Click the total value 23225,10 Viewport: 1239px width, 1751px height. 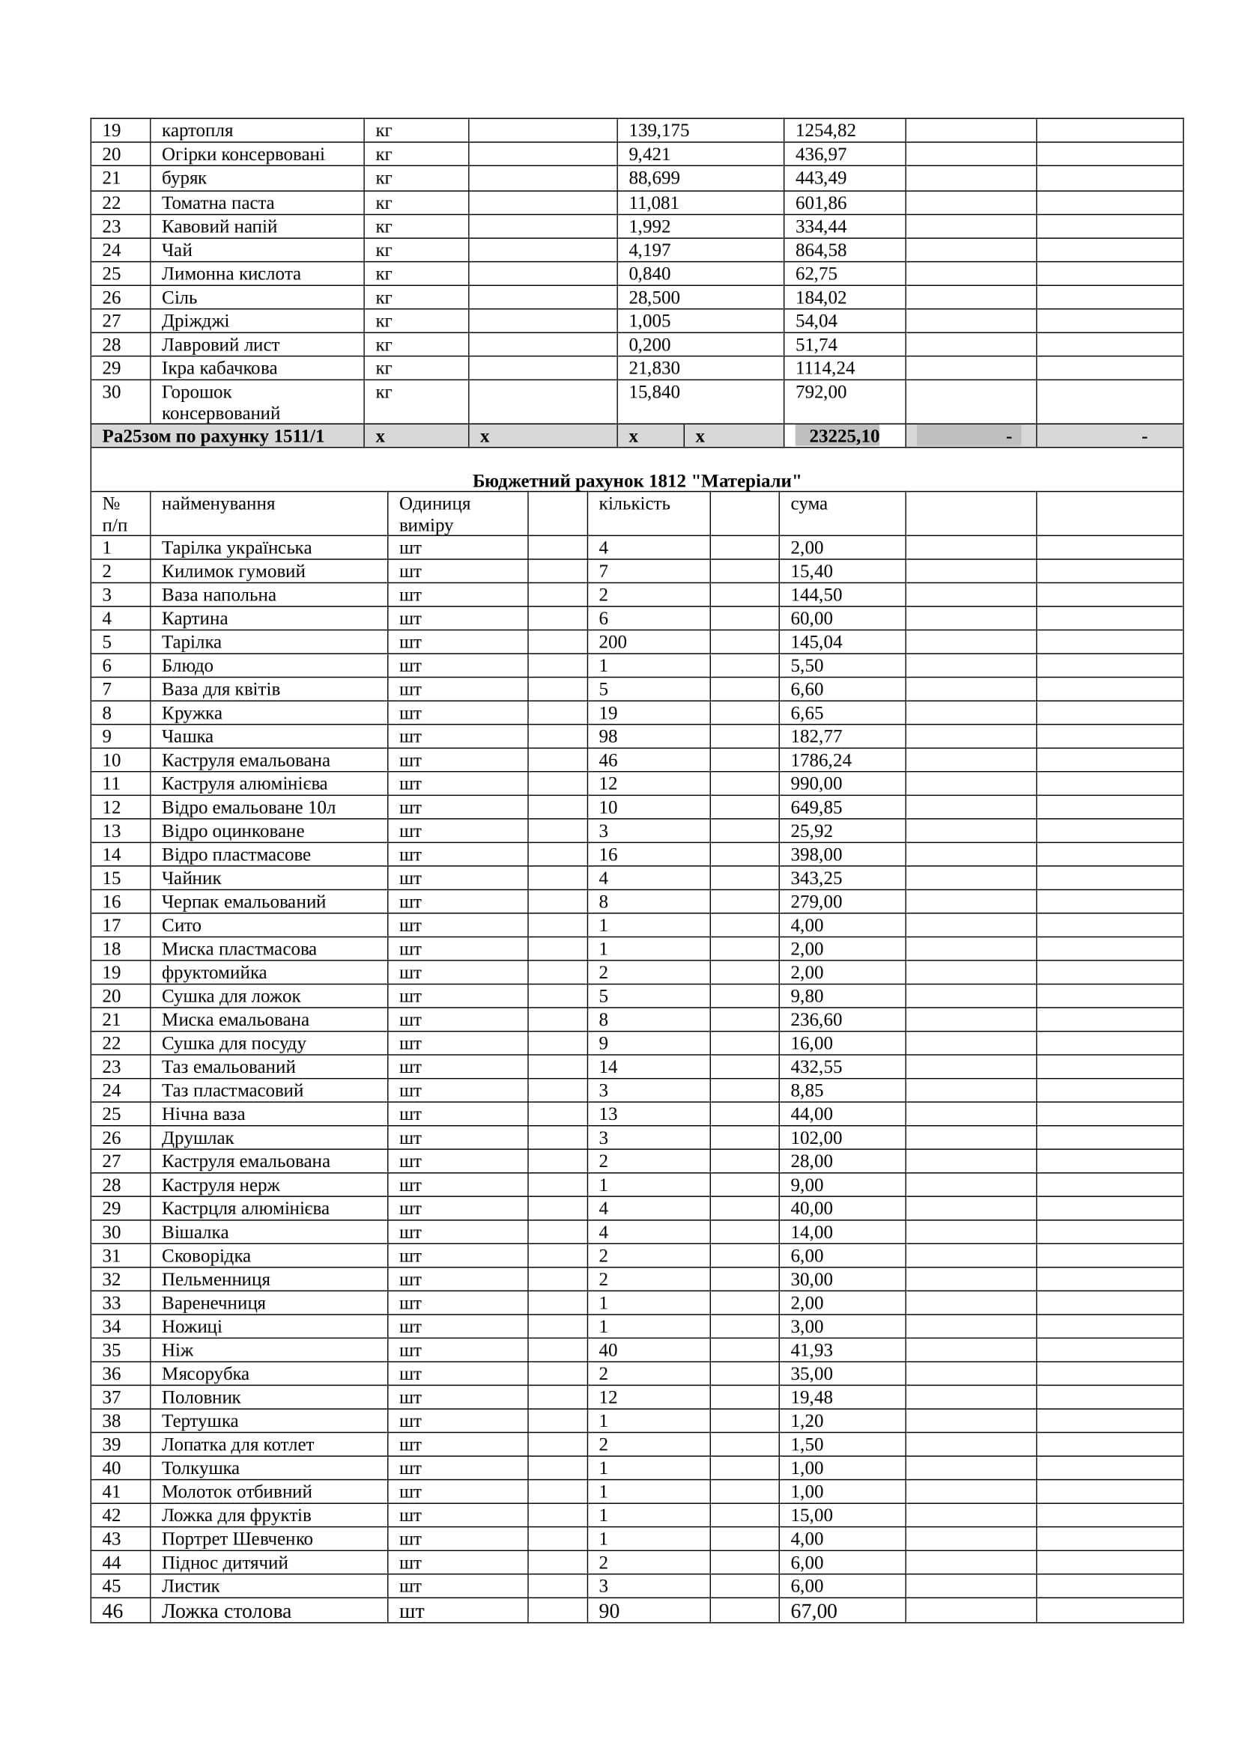[x=843, y=436]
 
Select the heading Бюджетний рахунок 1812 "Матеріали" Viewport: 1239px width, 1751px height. [x=636, y=481]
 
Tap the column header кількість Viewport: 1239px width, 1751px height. [x=634, y=504]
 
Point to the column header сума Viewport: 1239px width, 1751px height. [x=809, y=504]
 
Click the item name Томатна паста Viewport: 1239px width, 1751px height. [x=217, y=203]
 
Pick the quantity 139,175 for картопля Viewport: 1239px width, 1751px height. [x=658, y=130]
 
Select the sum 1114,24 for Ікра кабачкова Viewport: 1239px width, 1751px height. [x=825, y=368]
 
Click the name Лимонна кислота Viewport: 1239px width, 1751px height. [x=231, y=274]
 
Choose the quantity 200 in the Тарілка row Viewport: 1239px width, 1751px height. [x=613, y=642]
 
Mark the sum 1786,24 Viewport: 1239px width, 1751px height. [x=821, y=761]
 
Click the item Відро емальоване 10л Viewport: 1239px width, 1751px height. [x=248, y=808]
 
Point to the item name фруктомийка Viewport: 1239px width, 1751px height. [x=213, y=973]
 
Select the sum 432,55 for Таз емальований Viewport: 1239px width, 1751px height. [x=816, y=1067]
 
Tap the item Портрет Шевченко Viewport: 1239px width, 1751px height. [x=237, y=1539]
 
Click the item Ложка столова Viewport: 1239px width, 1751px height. [x=225, y=1612]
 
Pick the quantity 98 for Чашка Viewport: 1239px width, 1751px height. [x=608, y=737]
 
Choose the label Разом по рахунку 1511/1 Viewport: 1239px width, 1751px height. [x=213, y=436]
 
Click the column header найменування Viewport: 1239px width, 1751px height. [x=218, y=504]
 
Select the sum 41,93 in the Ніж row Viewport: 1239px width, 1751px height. [x=811, y=1350]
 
